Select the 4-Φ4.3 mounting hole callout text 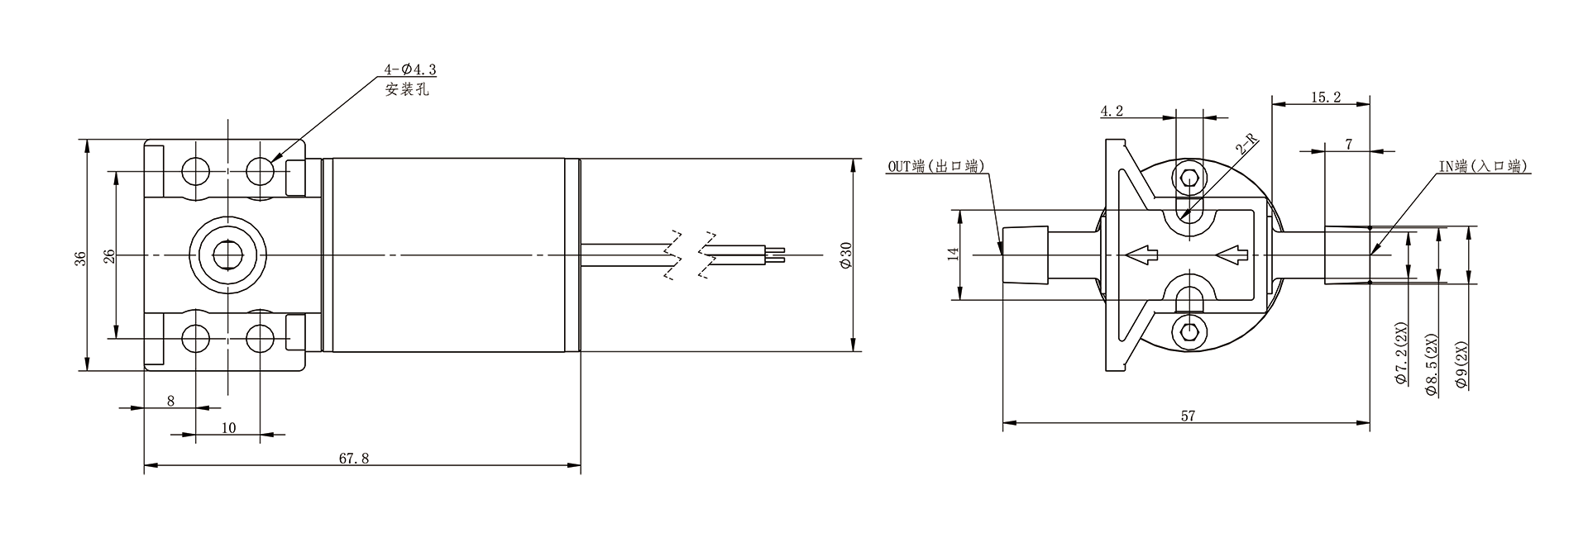click(x=411, y=72)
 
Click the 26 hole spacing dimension click(x=108, y=255)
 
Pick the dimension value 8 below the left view click(x=170, y=401)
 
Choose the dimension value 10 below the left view click(x=229, y=427)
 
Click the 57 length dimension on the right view click(x=1188, y=416)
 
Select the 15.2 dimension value click(x=1325, y=98)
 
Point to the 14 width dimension click(x=953, y=254)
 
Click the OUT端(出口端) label click(x=936, y=166)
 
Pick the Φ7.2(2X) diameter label click(x=1401, y=354)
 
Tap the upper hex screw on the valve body click(x=1189, y=178)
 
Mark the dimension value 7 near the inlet click(x=1349, y=144)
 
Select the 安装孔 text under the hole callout click(x=407, y=89)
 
